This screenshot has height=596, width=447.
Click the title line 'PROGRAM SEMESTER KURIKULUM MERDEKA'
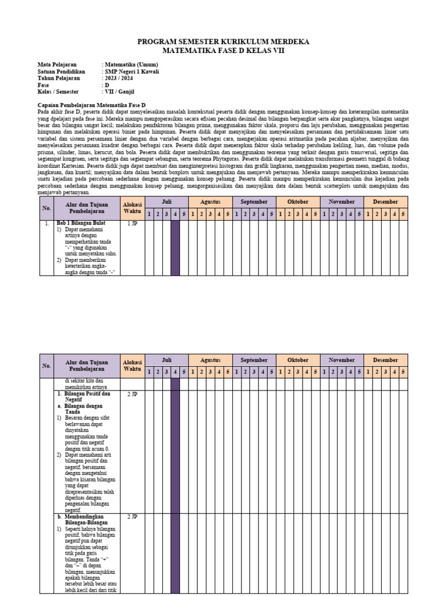coord(223,42)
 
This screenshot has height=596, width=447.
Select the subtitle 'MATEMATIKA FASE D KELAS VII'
coord(223,51)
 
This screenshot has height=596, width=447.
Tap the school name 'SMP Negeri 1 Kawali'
coord(131,72)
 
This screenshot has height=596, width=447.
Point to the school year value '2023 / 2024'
coord(119,78)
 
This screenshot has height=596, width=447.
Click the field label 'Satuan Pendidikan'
coord(62,72)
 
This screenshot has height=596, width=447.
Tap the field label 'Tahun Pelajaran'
coord(59,78)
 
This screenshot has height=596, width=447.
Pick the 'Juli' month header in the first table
coord(166,202)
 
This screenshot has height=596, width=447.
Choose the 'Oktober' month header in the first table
coord(297,202)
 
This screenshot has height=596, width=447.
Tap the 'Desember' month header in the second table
coord(385,360)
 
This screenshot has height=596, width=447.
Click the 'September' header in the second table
coord(254,360)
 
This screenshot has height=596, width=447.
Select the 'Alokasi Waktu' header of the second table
coord(132,366)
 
